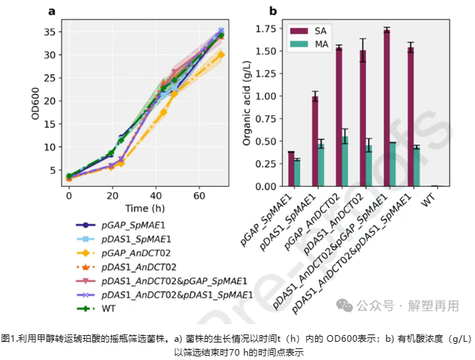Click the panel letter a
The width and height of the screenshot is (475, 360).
[52, 11]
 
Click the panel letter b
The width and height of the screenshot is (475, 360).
[273, 11]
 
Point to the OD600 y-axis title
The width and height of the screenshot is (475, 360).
[34, 103]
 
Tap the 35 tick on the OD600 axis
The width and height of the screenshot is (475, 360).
[50, 32]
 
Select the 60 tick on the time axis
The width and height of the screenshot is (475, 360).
[199, 196]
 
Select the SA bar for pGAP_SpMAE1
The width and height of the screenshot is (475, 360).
[291, 169]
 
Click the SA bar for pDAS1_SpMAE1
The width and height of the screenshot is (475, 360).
[315, 141]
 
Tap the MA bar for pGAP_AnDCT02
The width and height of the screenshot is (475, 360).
[345, 161]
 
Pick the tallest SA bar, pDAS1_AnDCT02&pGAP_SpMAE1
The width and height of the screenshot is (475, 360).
[386, 108]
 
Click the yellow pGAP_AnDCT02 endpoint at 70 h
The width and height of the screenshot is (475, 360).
[221, 55]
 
